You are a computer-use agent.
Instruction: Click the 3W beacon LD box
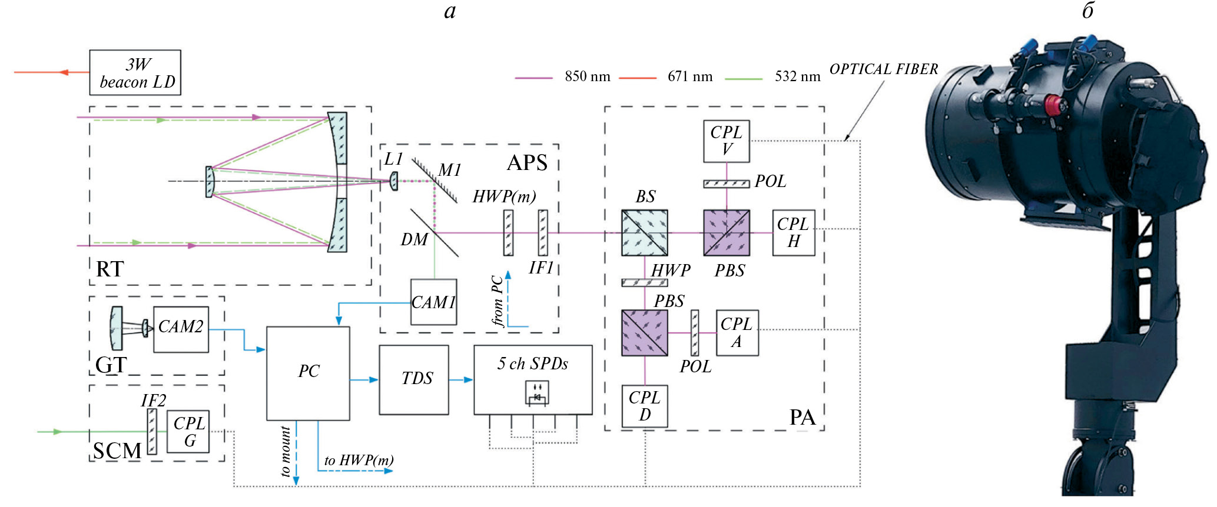pyautogui.click(x=135, y=72)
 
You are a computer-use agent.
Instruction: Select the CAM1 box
pyautogui.click(x=433, y=302)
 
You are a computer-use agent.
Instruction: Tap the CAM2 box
pyautogui.click(x=181, y=329)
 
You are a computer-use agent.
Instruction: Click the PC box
pyautogui.click(x=308, y=373)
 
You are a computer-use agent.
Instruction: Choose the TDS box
pyautogui.click(x=414, y=379)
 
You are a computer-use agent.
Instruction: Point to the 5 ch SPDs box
pyautogui.click(x=533, y=379)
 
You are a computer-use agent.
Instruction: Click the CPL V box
pyautogui.click(x=726, y=141)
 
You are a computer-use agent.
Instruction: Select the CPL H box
pyautogui.click(x=793, y=233)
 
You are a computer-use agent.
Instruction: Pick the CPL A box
pyautogui.click(x=737, y=333)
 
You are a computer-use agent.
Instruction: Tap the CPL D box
pyautogui.click(x=645, y=406)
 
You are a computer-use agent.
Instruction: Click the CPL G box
pyautogui.click(x=188, y=432)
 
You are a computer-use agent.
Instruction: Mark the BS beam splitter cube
pyautogui.click(x=645, y=233)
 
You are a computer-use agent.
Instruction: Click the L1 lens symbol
pyautogui.click(x=394, y=181)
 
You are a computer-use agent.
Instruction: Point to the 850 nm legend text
pyautogui.click(x=587, y=76)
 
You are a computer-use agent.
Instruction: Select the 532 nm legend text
pyautogui.click(x=797, y=76)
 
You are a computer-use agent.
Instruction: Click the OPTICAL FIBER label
pyautogui.click(x=883, y=69)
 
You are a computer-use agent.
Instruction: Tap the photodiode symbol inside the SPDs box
pyautogui.click(x=536, y=393)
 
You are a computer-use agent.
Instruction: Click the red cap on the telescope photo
pyautogui.click(x=1052, y=106)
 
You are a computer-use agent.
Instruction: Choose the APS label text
pyautogui.click(x=527, y=163)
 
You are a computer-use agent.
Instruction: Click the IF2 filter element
pyautogui.click(x=152, y=432)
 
